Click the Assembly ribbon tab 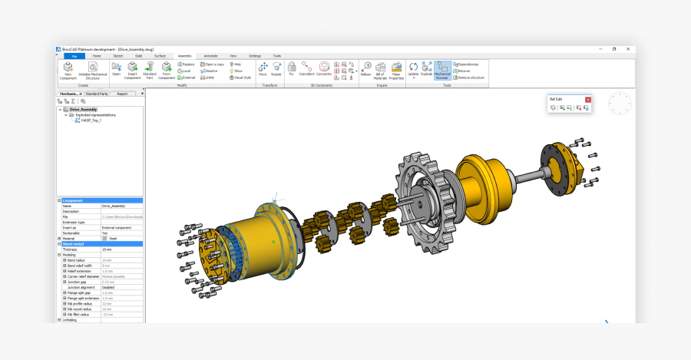point(184,56)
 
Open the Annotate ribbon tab point(210,56)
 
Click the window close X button point(629,49)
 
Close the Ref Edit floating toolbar point(588,100)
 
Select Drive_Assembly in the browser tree point(83,110)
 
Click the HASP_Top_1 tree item point(91,121)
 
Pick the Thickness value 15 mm point(108,249)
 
